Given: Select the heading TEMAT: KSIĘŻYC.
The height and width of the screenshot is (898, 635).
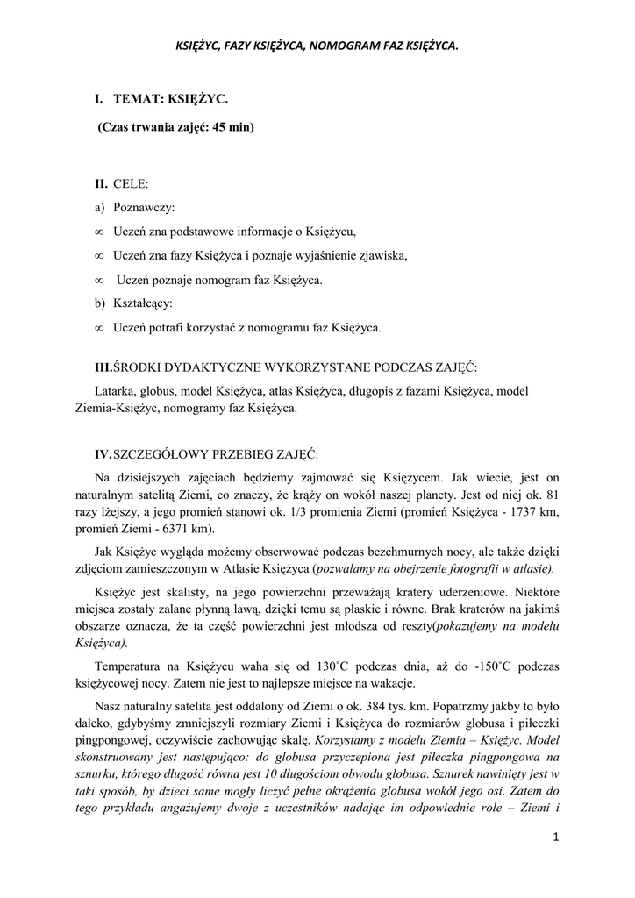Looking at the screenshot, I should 170,104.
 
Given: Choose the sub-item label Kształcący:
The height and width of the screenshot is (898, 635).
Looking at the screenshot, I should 143,303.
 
